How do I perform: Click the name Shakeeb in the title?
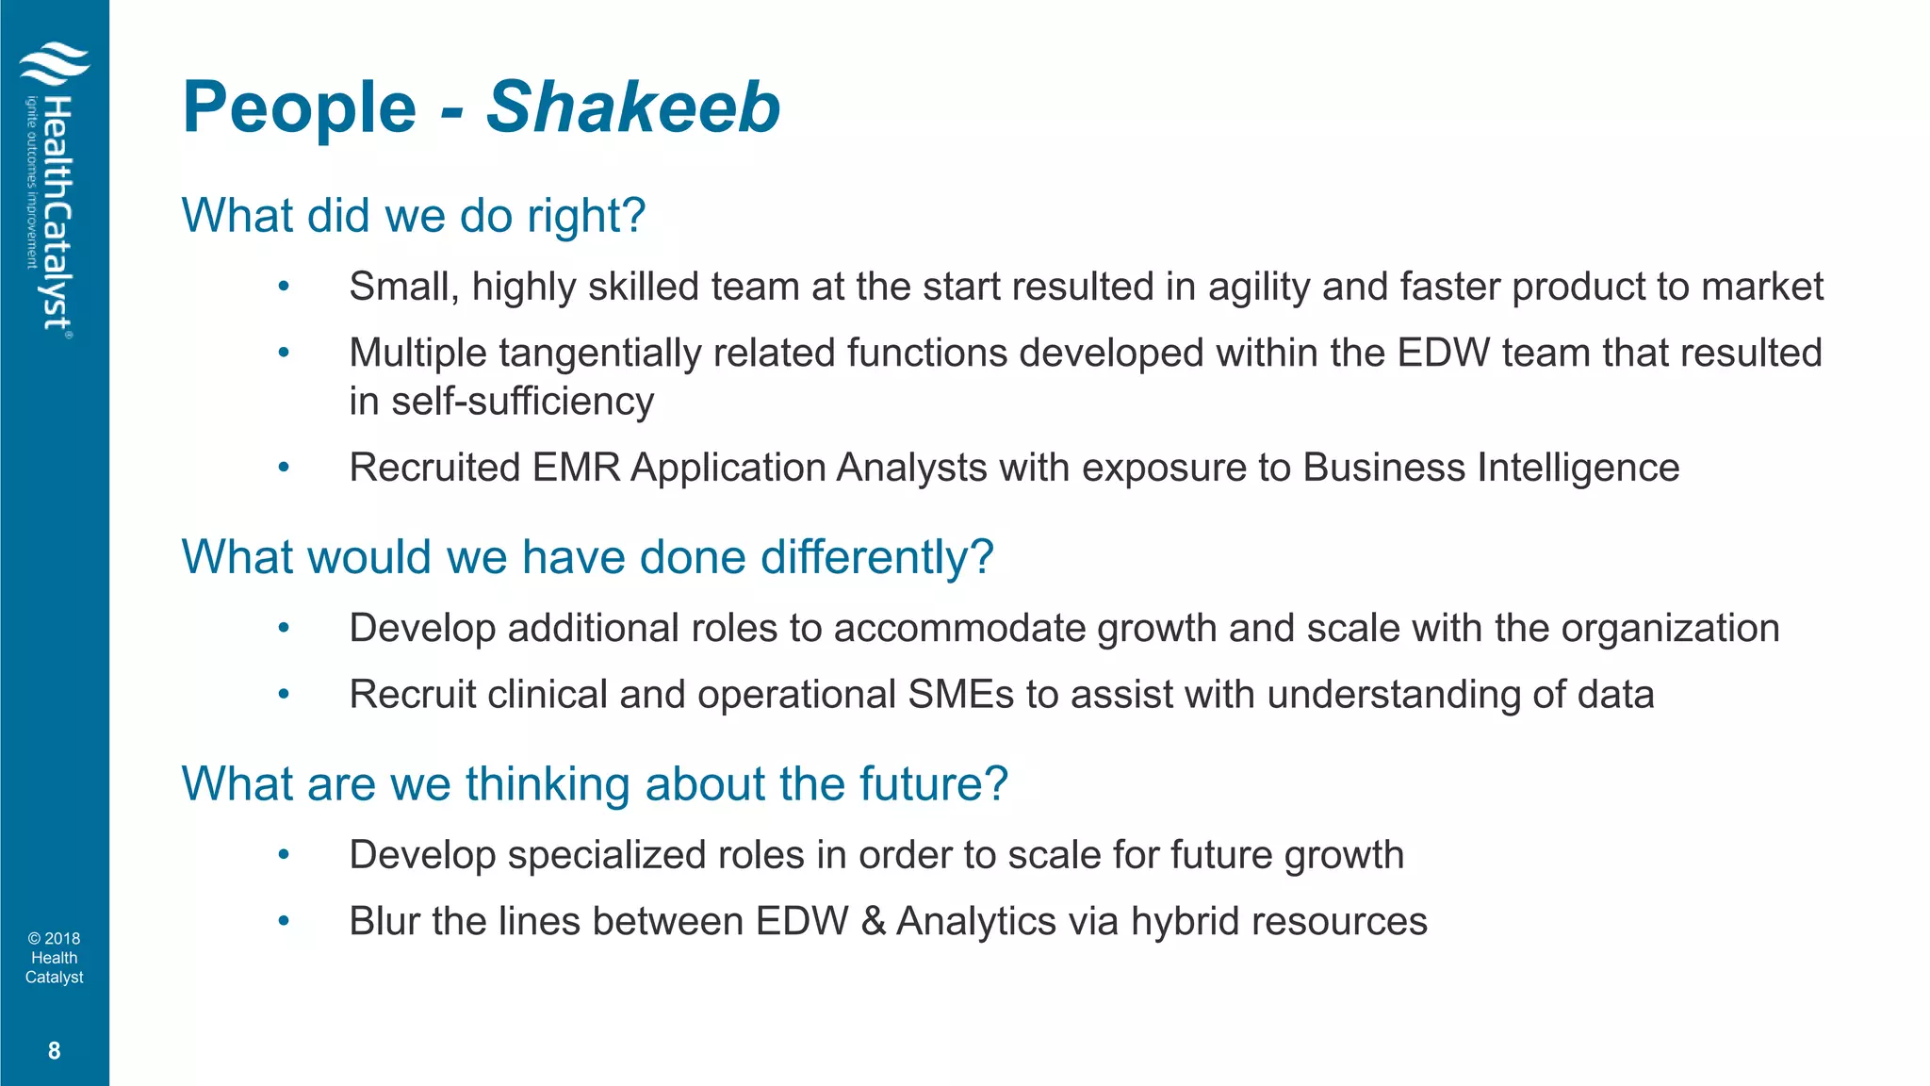632,107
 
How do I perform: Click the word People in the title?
300,107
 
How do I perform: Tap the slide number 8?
54,1051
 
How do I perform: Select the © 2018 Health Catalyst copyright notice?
54,958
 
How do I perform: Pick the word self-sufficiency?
523,402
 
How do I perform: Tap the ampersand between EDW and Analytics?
873,921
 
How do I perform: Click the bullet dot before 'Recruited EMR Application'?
284,467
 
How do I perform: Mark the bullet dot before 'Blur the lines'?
284,920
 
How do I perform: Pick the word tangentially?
599,354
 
